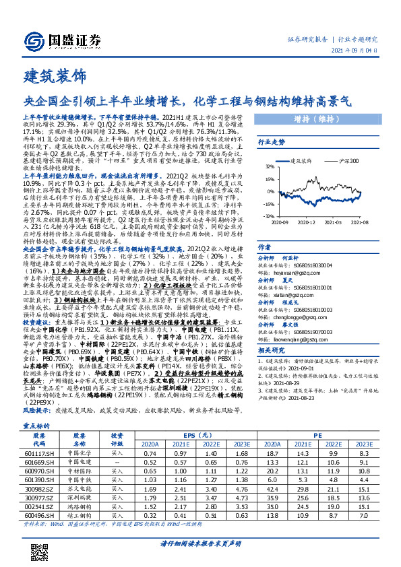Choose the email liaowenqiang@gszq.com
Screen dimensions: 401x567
pos(305,339)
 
